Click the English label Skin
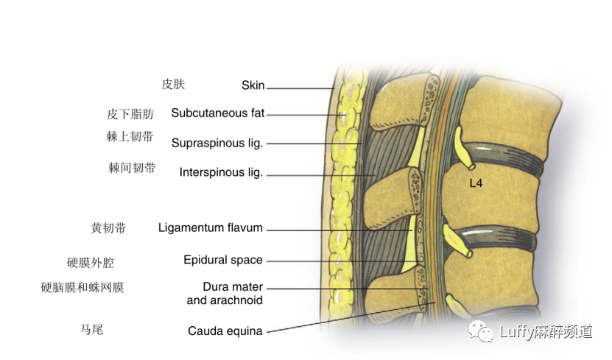pos(253,85)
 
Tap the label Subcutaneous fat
pos(217,113)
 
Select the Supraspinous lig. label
pos(217,143)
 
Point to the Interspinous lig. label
pos(221,173)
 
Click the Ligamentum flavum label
pos(211,228)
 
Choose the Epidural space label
pos(223,260)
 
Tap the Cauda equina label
pos(225,331)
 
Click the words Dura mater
pos(233,287)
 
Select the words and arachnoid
pos(225,300)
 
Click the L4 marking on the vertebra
pos(476,183)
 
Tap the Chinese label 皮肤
pos(173,84)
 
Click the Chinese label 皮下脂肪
pos(130,114)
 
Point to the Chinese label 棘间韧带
pos(132,168)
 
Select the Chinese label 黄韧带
pos(108,228)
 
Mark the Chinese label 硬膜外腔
pos(91,263)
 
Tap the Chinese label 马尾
pos(91,329)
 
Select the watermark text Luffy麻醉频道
pos(546,332)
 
